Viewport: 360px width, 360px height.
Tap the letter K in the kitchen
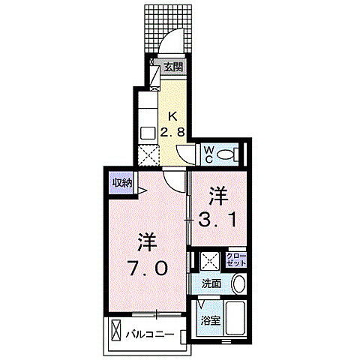[x=172, y=116]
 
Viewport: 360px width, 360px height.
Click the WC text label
[x=211, y=155]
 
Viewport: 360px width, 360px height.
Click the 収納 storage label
[x=122, y=182]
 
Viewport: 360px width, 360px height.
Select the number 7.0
[x=148, y=267]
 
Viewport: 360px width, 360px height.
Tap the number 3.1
[x=217, y=220]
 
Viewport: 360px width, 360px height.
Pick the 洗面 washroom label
[x=211, y=284]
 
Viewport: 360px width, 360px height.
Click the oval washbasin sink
[x=238, y=285]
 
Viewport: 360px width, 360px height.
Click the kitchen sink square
[x=148, y=133]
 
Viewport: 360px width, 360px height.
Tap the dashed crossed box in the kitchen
[x=148, y=156]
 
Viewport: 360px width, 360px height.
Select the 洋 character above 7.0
[x=148, y=243]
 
